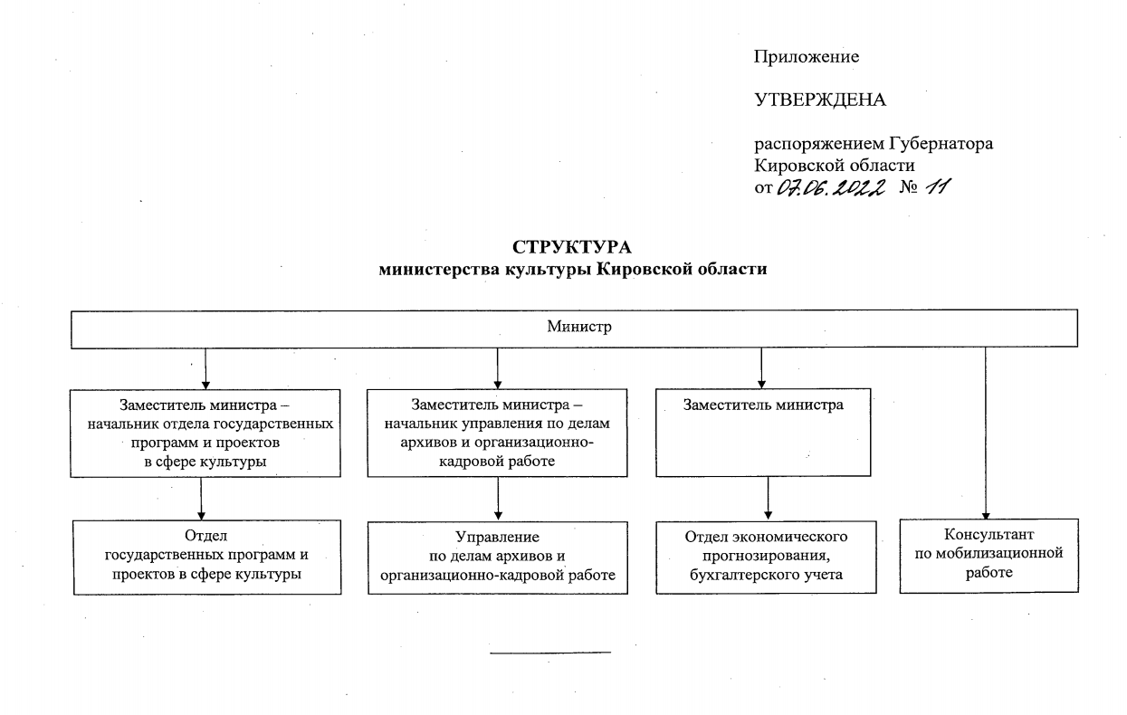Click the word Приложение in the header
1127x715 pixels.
[x=806, y=57]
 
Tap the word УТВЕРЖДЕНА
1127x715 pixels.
[x=820, y=100]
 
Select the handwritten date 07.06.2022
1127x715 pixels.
[x=831, y=187]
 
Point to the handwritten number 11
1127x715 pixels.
[x=938, y=187]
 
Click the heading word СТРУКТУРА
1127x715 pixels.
[x=572, y=247]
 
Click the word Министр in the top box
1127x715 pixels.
[x=579, y=327]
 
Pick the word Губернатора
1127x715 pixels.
[x=941, y=144]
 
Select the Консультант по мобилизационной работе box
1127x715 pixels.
[x=989, y=556]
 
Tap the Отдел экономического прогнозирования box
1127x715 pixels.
[x=766, y=558]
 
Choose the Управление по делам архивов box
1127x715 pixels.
[x=498, y=558]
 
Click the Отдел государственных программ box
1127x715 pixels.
[x=206, y=558]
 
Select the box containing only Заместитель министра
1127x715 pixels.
[x=763, y=433]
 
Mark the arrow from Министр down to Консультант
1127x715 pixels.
[x=986, y=434]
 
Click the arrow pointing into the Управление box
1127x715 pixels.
[x=498, y=499]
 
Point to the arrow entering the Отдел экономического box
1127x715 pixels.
[x=768, y=498]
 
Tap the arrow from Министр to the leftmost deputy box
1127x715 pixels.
[x=205, y=368]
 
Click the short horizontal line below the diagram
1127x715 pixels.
[x=550, y=653]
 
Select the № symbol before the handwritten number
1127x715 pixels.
[x=909, y=187]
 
